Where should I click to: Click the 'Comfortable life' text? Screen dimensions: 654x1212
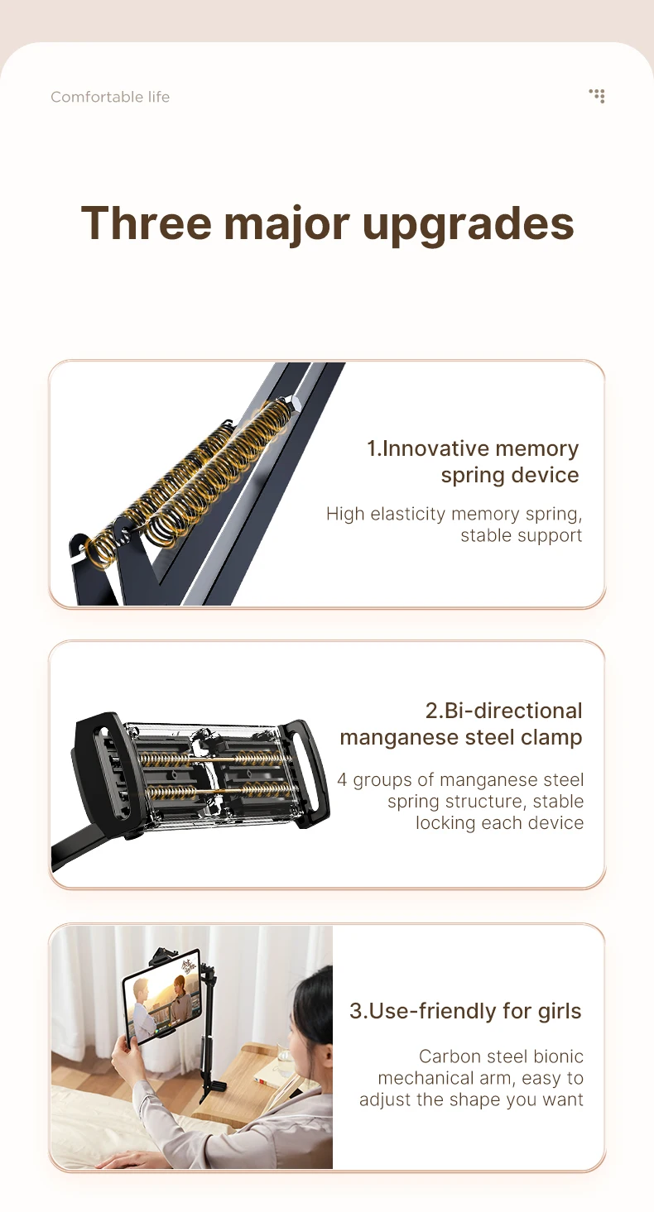click(x=110, y=97)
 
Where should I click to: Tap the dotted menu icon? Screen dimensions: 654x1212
click(x=597, y=96)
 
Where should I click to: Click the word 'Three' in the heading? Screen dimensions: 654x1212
click(x=147, y=223)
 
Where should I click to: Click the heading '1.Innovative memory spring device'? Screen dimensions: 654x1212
click(x=473, y=462)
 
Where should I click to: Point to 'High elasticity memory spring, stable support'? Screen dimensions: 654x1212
click(x=454, y=525)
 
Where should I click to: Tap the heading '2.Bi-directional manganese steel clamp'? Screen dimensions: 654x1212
click(x=461, y=724)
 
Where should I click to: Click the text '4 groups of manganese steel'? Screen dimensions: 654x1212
click(x=460, y=779)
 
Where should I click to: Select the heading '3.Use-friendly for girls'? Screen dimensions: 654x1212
click(x=465, y=1011)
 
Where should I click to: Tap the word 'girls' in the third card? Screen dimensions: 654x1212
click(x=560, y=1012)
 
